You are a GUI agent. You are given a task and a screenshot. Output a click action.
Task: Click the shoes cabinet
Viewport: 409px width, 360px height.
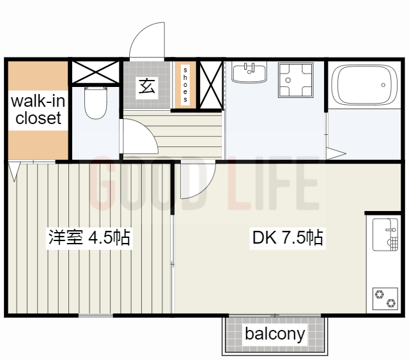(x=185, y=84)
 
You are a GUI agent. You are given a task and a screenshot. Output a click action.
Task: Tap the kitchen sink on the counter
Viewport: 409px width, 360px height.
(x=384, y=236)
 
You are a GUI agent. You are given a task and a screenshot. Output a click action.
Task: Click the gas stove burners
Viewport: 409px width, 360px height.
(x=385, y=297)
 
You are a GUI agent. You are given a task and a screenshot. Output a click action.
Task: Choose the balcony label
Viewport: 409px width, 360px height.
(x=275, y=334)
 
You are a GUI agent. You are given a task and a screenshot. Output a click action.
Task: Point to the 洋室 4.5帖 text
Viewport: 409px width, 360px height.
(x=89, y=238)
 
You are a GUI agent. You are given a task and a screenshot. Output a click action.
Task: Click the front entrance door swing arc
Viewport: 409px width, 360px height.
(x=146, y=40)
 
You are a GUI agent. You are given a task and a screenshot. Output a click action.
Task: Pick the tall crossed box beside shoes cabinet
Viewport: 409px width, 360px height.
(x=210, y=84)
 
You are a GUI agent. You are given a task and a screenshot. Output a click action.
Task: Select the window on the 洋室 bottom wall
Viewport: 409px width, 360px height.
(x=96, y=316)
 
